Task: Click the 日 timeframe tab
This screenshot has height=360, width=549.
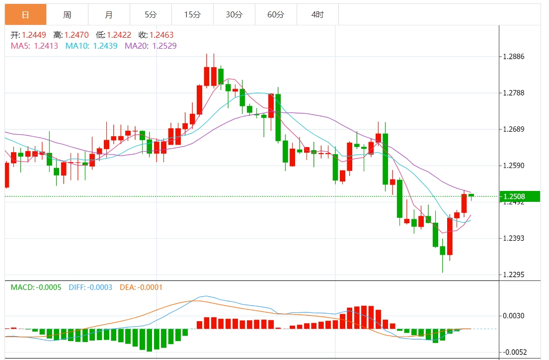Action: click(25, 15)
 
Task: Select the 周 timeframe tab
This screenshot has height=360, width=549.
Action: click(67, 15)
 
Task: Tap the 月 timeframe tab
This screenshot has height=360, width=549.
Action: click(109, 15)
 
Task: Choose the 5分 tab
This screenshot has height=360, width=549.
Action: click(151, 15)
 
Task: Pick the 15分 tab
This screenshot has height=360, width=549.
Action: click(192, 15)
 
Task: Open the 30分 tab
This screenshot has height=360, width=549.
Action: click(234, 15)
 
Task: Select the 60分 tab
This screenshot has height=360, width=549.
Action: click(276, 15)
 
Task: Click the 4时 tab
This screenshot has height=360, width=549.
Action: click(317, 15)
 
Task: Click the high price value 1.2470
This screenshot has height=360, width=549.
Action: click(77, 35)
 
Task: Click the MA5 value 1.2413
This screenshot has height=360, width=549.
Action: click(46, 46)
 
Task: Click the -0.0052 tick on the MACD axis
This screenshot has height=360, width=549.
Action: click(515, 352)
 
